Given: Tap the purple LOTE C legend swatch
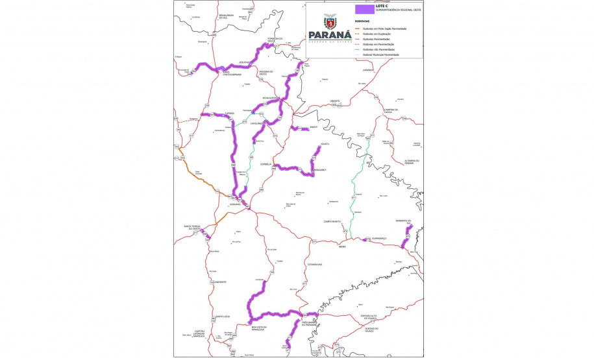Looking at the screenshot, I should (x=364, y=10).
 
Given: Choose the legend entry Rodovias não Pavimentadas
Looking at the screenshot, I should (x=377, y=49).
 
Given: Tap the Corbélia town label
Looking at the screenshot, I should (x=265, y=164).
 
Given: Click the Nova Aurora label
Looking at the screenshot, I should (x=270, y=98).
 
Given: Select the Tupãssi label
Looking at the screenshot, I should (x=229, y=113).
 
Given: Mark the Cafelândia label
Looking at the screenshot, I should (x=257, y=123).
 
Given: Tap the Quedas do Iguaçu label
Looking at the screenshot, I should (x=372, y=328).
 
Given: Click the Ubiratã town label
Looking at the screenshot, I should (x=335, y=101).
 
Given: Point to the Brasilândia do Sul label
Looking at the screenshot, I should (x=226, y=16).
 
